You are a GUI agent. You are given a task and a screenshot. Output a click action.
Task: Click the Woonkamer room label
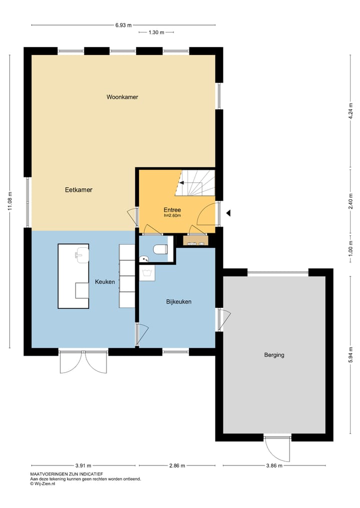[122, 97]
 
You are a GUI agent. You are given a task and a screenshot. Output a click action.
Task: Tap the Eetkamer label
[78, 190]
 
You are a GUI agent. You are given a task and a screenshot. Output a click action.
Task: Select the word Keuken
[105, 282]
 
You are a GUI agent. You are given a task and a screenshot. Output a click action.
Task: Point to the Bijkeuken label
[178, 302]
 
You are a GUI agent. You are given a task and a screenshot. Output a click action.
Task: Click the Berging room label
[274, 355]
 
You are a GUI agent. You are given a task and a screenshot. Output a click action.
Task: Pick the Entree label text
[172, 210]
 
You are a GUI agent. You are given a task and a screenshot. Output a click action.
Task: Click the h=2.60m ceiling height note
[172, 216]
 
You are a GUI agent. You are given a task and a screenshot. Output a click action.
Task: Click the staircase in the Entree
[197, 183]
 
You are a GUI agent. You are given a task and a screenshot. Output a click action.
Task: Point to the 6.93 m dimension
[123, 24]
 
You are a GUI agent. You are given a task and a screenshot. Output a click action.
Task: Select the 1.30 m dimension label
[156, 32]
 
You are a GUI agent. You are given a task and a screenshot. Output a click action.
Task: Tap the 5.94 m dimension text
[350, 356]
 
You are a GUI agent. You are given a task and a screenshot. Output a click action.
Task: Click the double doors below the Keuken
[82, 362]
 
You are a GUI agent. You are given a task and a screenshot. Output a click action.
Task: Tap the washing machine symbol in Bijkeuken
[147, 273]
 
